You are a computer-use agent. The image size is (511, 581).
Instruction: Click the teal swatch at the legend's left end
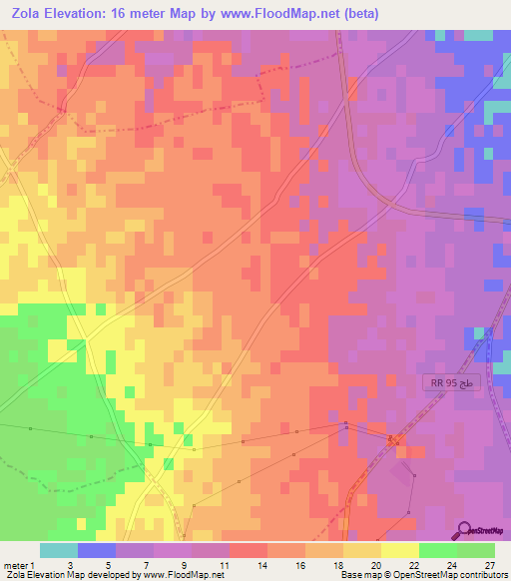pos(59,550)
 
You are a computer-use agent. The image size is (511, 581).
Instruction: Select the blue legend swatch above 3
pos(97,550)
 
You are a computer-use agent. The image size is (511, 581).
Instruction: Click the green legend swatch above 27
pos(475,550)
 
